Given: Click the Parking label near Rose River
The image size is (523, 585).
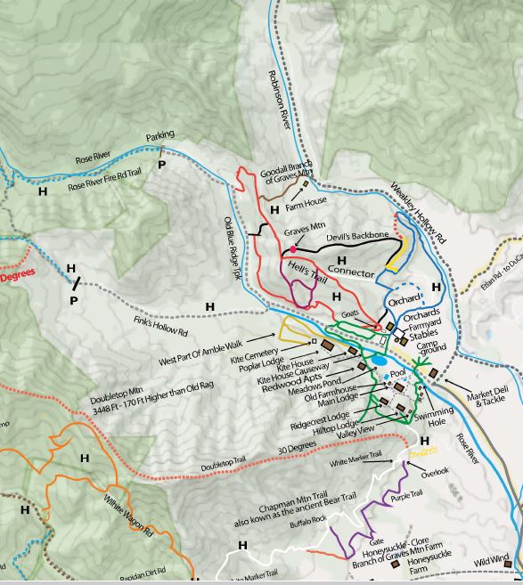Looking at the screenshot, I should tap(160, 135).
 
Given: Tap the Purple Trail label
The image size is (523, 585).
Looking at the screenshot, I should tap(406, 497).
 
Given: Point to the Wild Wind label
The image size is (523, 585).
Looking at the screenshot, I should tap(491, 561).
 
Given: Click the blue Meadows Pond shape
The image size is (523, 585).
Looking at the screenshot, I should tap(380, 362).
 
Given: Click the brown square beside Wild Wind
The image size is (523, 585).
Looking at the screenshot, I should tap(507, 564).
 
